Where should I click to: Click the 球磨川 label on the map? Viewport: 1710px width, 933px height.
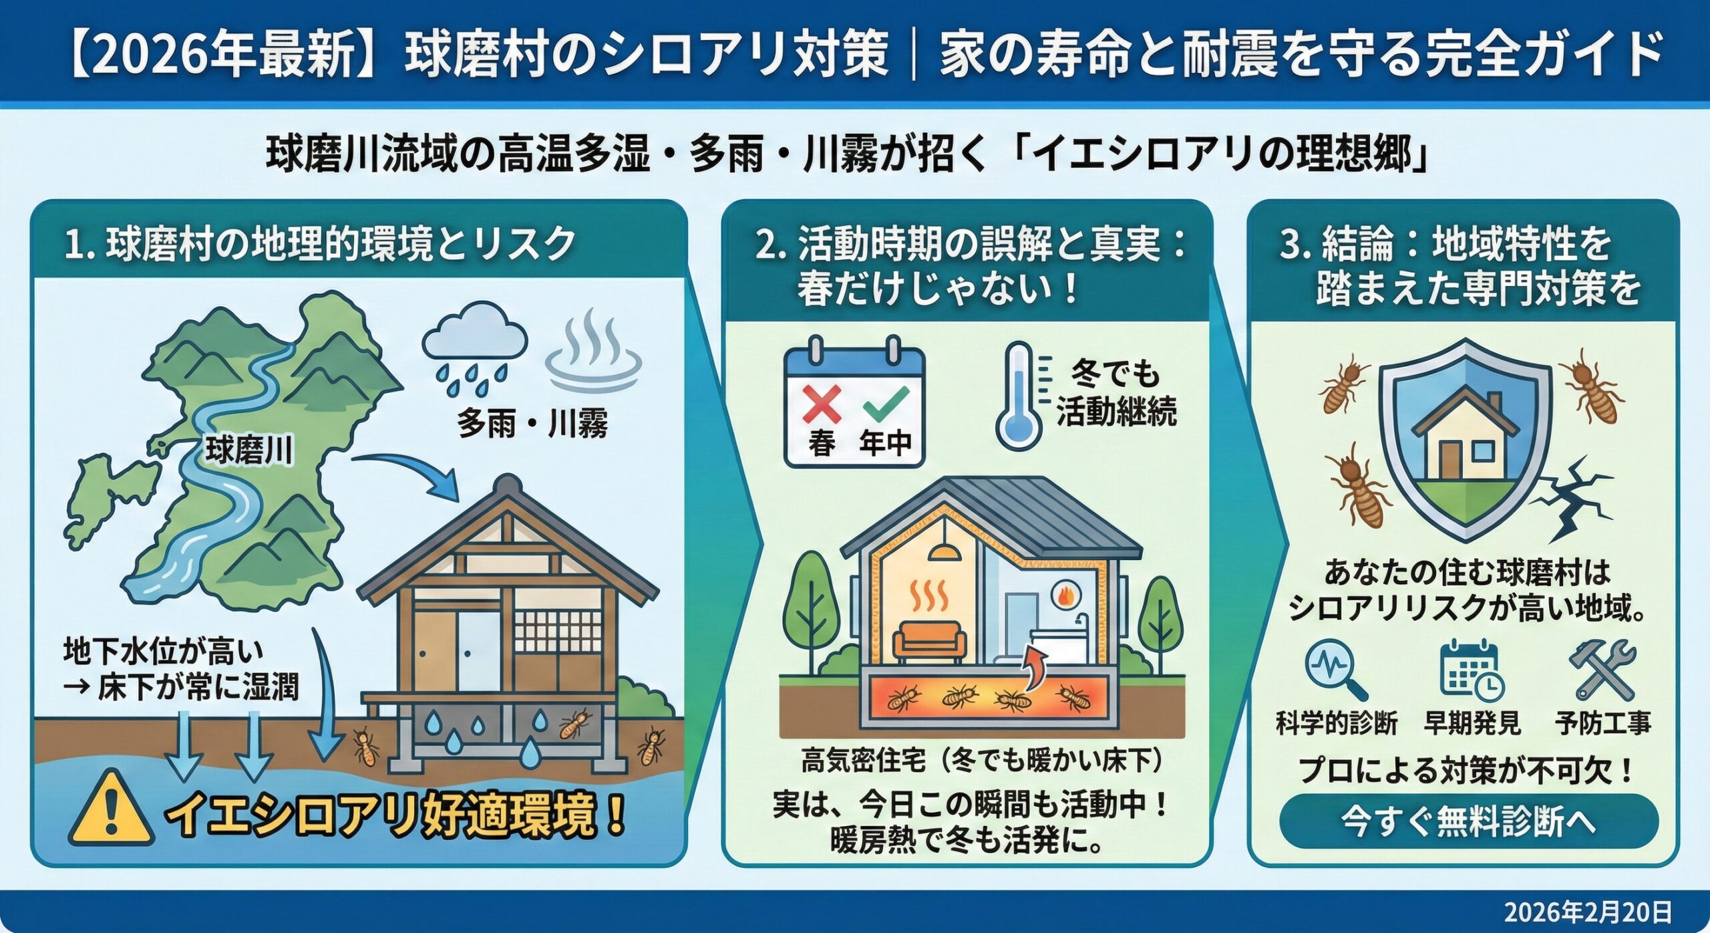point(248,450)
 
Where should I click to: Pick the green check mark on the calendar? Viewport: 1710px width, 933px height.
point(886,403)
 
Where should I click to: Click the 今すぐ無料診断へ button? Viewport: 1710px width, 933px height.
point(1468,821)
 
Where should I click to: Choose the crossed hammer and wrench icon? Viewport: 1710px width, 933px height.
point(1602,670)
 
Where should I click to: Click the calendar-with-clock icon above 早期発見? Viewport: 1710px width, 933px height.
point(1471,670)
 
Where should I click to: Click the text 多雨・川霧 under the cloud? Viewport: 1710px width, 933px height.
point(532,424)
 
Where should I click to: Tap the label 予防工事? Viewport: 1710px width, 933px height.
point(1603,723)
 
